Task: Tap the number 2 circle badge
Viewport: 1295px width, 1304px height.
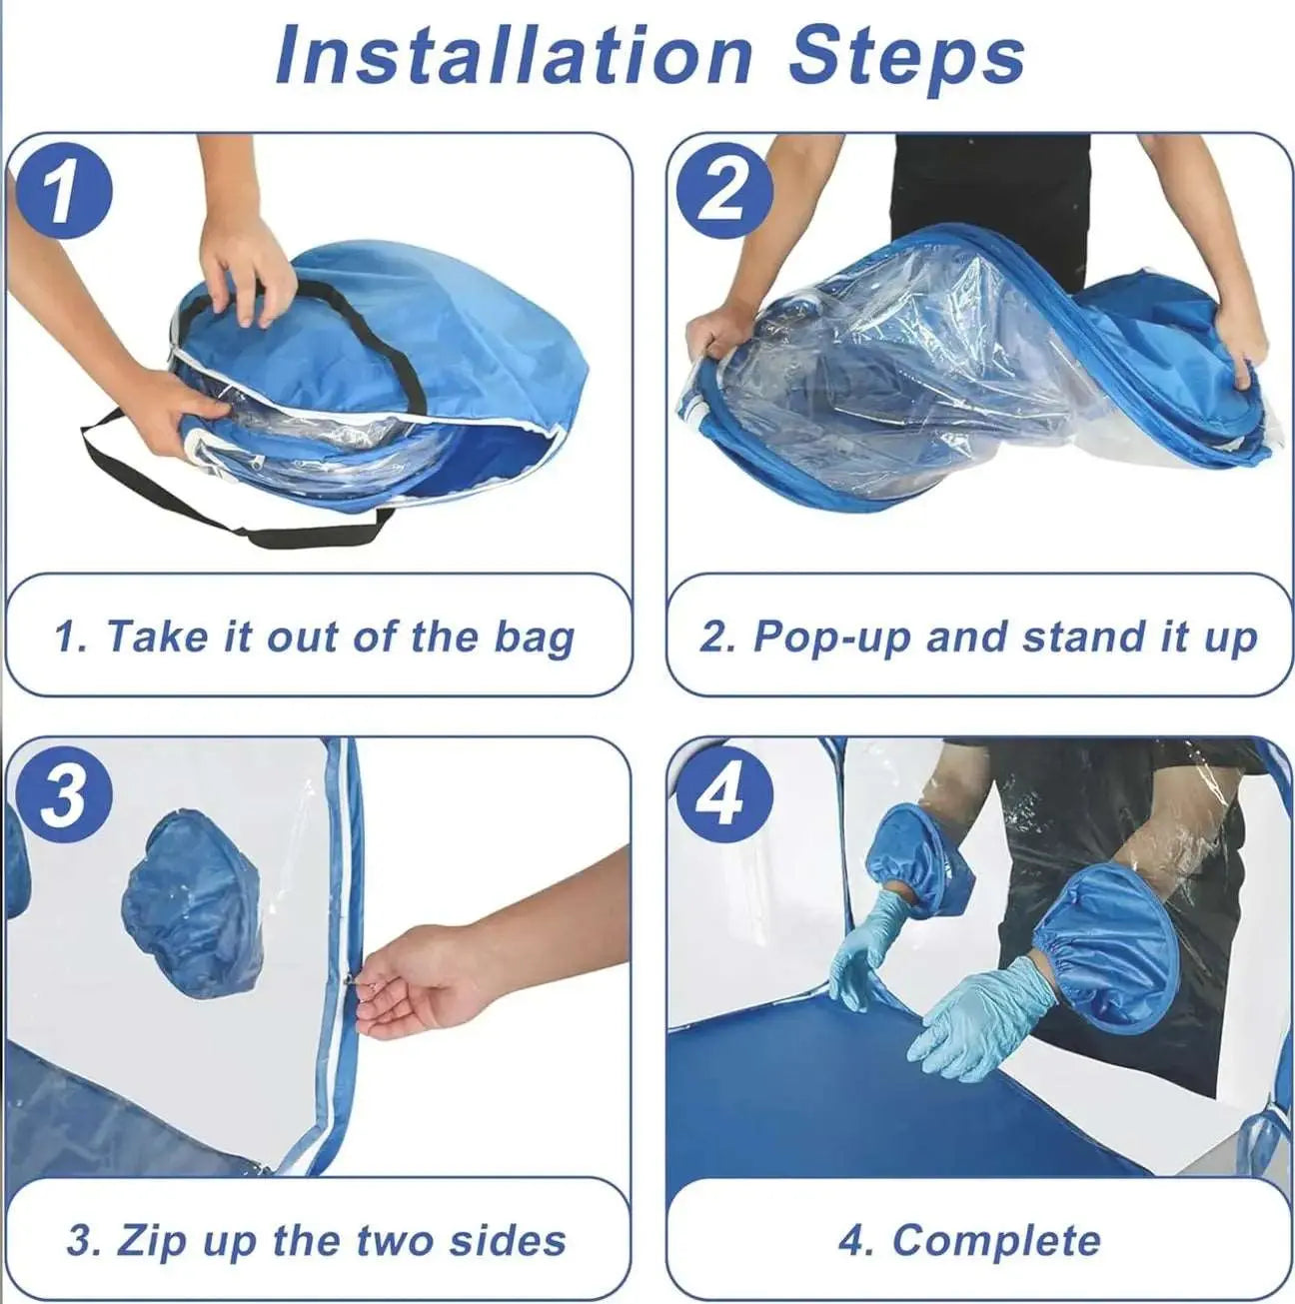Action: point(723,195)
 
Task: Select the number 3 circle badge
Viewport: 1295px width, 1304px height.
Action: point(64,796)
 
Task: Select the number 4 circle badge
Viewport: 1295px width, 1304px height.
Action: point(723,796)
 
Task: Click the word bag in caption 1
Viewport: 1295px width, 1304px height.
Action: point(535,639)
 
